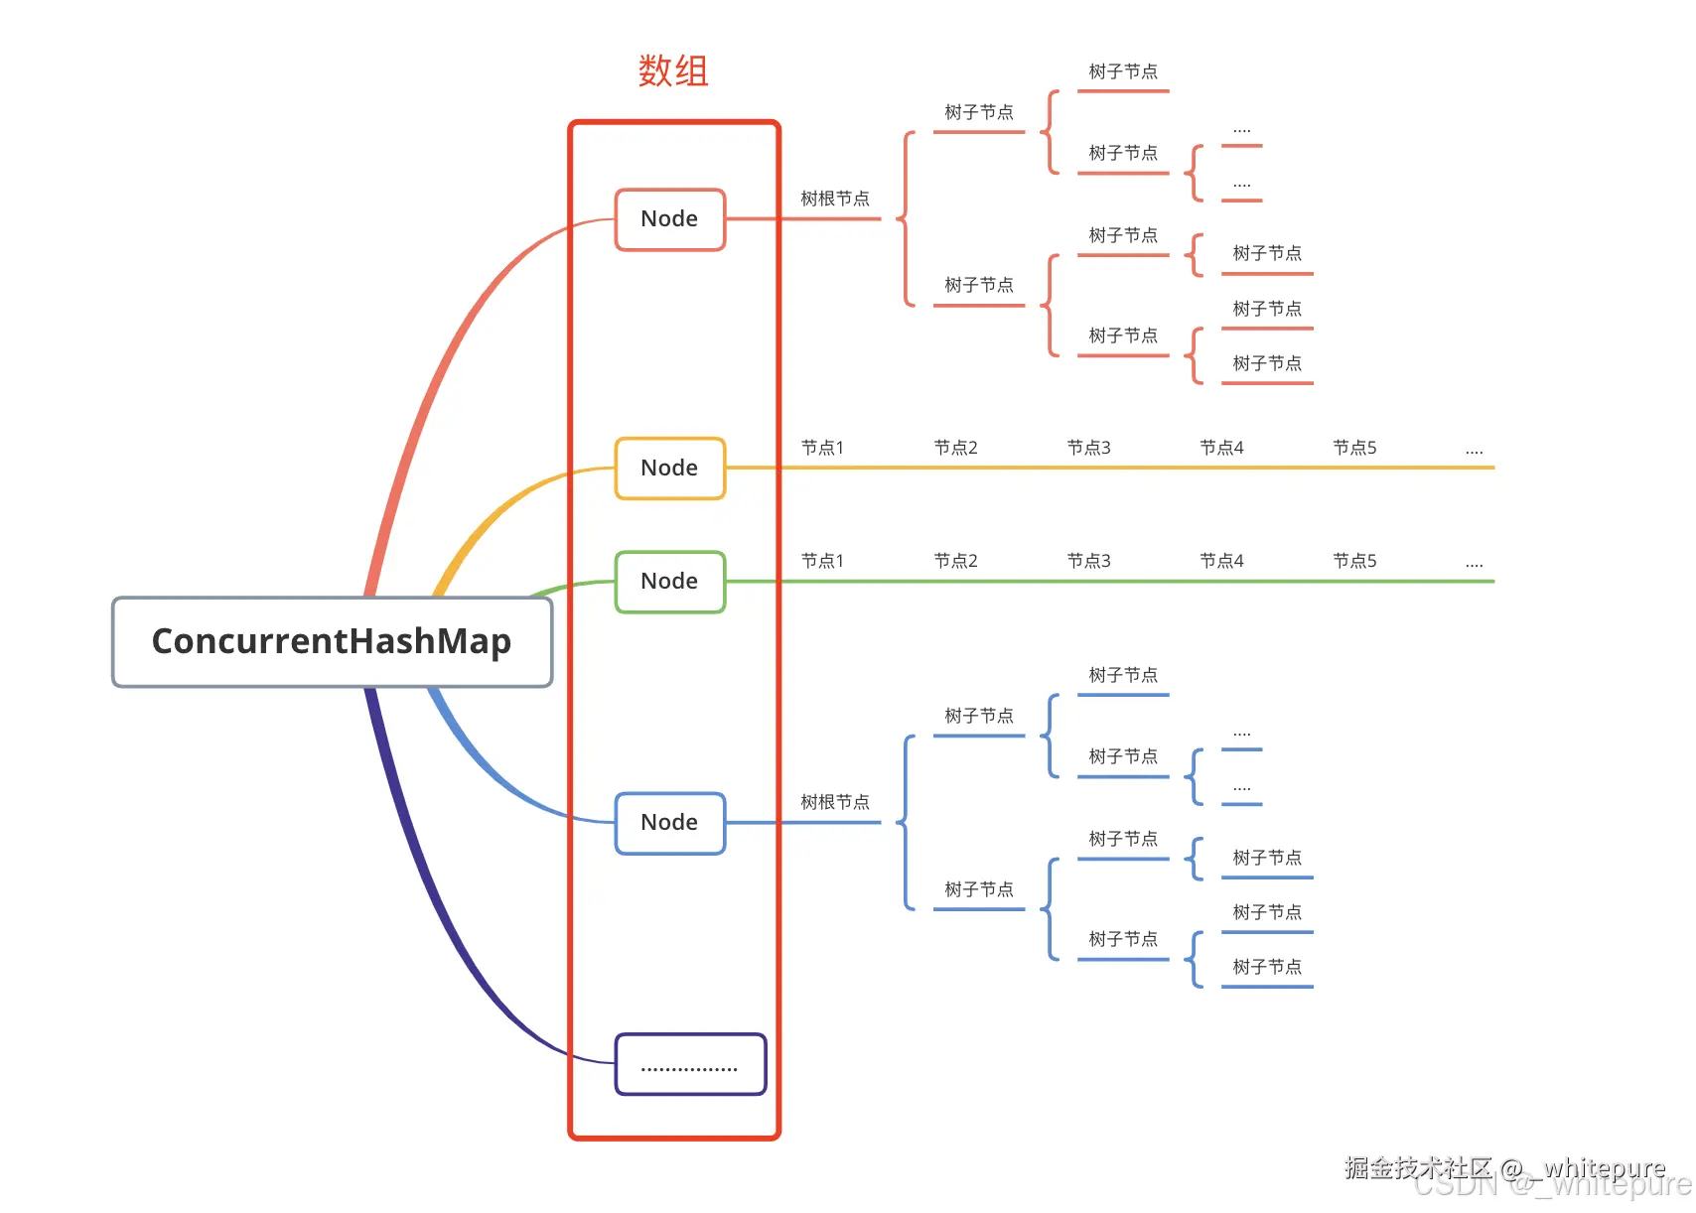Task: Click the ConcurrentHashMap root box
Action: pyautogui.click(x=332, y=642)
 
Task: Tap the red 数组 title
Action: pyautogui.click(x=673, y=71)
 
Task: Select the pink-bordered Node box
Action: pyautogui.click(x=670, y=219)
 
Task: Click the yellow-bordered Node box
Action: pyautogui.click(x=670, y=469)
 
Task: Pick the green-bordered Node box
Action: pyautogui.click(x=670, y=582)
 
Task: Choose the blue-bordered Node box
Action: pyautogui.click(x=670, y=823)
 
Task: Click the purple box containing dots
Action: pyautogui.click(x=690, y=1065)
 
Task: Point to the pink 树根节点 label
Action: pyautogui.click(x=835, y=200)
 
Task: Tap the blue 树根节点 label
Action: pyautogui.click(x=835, y=802)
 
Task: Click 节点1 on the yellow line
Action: pyautogui.click(x=822, y=449)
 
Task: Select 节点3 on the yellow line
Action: pyautogui.click(x=1088, y=449)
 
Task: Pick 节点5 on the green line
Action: pyautogui.click(x=1354, y=562)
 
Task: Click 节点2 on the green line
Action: pyautogui.click(x=955, y=562)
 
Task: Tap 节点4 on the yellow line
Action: pyautogui.click(x=1221, y=449)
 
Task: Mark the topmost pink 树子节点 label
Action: pyautogui.click(x=1123, y=72)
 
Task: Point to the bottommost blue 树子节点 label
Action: pyautogui.click(x=1267, y=967)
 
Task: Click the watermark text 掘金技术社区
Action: pyautogui.click(x=1418, y=1167)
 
